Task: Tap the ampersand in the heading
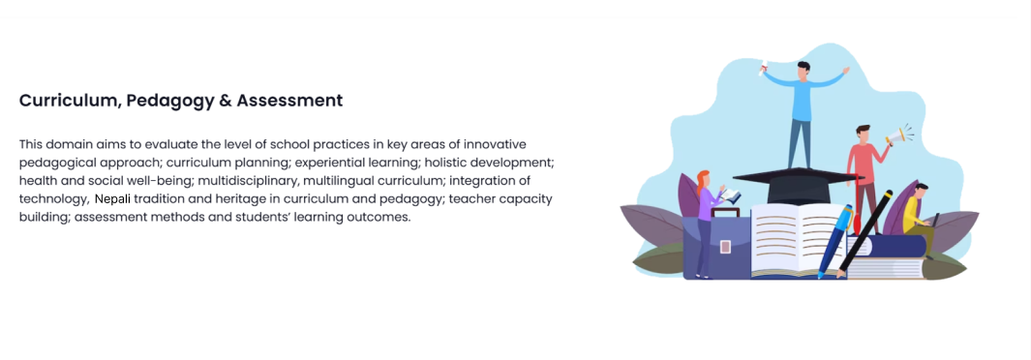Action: (x=225, y=101)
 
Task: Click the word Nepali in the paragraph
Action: (x=113, y=199)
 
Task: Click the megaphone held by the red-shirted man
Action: (x=895, y=138)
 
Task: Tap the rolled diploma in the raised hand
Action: (x=764, y=69)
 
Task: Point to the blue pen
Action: (x=835, y=242)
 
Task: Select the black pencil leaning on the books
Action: (x=864, y=232)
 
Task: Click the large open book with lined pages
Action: (x=799, y=240)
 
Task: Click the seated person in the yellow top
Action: (x=917, y=218)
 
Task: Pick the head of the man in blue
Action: (x=803, y=70)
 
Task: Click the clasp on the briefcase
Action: (x=725, y=247)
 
